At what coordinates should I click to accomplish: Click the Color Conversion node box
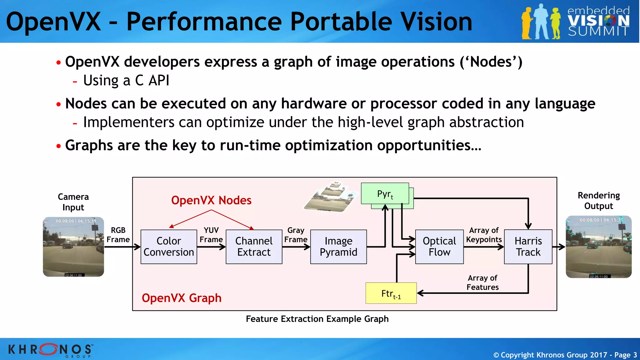point(169,247)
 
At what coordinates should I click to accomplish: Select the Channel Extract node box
point(254,247)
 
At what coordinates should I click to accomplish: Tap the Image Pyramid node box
point(338,247)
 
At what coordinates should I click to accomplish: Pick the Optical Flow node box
point(439,247)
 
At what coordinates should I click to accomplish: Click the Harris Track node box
point(528,247)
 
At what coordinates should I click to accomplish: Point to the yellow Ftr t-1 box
point(391,293)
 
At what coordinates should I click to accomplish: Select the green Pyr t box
point(385,194)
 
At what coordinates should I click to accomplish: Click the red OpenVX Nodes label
point(211,200)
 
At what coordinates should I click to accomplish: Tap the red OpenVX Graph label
point(182,298)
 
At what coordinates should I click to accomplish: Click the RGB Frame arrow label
point(118,235)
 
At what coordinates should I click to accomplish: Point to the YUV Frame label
point(211,235)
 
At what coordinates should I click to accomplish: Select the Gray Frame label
point(296,235)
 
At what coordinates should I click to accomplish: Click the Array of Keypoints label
point(484,235)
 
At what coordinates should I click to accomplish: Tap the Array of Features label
point(482,282)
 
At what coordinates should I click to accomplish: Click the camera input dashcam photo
point(73,247)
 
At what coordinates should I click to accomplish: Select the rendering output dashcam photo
point(598,247)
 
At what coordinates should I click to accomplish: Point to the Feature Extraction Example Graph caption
point(317,319)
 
